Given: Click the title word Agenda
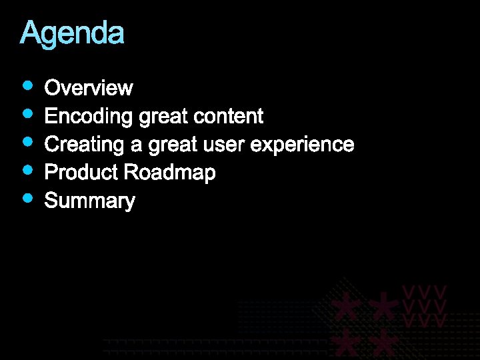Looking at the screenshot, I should click(x=72, y=33).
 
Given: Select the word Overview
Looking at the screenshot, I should click(x=89, y=88).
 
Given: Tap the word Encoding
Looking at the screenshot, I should click(x=89, y=117).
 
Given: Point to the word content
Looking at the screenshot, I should click(x=228, y=117).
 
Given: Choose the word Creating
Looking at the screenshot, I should click(x=85, y=145).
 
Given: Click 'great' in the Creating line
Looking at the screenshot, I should click(x=172, y=145).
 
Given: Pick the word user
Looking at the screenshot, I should click(x=220, y=145).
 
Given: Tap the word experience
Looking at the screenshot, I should click(x=301, y=145).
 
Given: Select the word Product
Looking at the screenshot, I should click(x=81, y=173).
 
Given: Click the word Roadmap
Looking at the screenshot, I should click(x=169, y=173).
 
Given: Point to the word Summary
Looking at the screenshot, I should click(x=89, y=201).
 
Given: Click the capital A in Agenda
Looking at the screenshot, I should click(x=29, y=33).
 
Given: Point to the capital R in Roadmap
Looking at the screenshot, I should click(x=131, y=173).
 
